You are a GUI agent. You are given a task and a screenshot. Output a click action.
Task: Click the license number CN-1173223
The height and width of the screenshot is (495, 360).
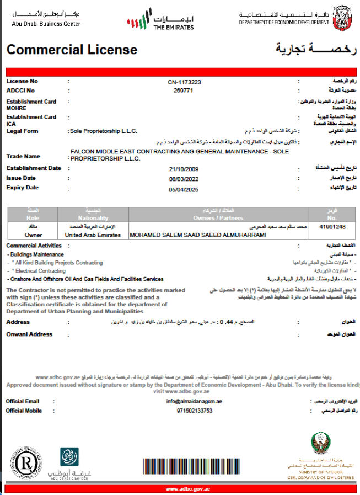[184, 82]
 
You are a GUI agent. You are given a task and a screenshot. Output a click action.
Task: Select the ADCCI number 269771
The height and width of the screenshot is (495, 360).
[183, 90]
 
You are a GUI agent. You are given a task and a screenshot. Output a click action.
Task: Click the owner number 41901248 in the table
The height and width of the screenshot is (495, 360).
[332, 227]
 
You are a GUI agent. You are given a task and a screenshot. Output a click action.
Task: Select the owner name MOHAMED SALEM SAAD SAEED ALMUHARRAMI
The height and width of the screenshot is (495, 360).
[197, 235]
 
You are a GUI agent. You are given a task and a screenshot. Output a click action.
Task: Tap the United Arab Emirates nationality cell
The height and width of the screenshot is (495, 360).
[93, 235]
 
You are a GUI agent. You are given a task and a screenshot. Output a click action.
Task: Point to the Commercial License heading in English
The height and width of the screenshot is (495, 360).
[72, 50]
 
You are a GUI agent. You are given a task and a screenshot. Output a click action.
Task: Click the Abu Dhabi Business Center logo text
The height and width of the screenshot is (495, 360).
[46, 24]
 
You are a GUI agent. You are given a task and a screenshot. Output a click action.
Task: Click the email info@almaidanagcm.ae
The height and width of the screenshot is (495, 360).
[194, 401]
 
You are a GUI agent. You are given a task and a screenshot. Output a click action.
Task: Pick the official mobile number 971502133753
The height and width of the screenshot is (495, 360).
[194, 411]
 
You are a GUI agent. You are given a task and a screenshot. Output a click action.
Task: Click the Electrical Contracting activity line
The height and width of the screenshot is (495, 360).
[39, 271]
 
